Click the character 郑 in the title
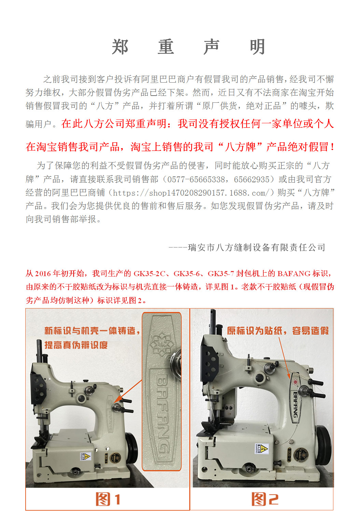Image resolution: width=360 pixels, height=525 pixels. coord(120,47)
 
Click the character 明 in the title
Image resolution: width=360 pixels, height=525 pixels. coord(258,47)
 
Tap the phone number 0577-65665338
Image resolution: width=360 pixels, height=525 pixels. coord(196,180)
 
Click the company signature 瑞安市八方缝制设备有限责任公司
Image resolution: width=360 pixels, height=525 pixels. coord(257,247)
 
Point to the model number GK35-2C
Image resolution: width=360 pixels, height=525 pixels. coord(150,273)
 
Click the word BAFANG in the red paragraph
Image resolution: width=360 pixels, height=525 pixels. coord(294,273)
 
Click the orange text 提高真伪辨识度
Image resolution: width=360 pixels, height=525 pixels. coord(76,345)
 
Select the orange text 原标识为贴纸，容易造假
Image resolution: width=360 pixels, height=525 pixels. coord(278,331)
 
